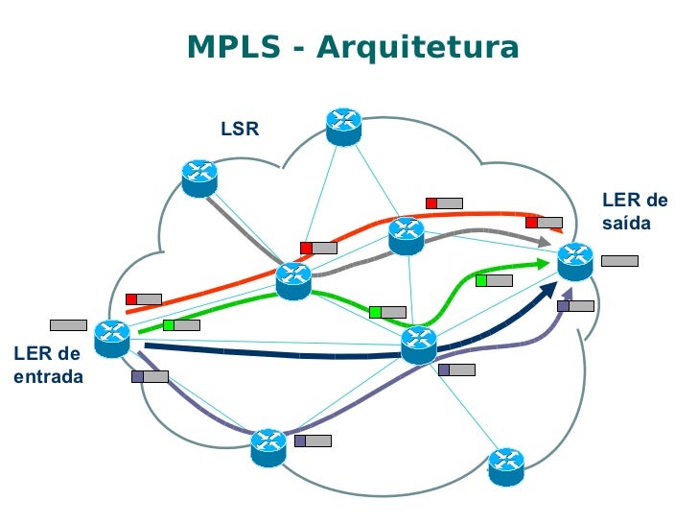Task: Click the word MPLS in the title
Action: click(x=232, y=47)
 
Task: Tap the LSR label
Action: click(x=240, y=129)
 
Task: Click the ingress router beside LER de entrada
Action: click(x=113, y=338)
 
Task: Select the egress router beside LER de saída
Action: click(x=576, y=259)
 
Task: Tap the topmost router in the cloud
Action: click(x=342, y=126)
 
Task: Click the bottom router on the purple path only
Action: click(x=268, y=446)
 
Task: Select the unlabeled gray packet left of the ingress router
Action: click(x=68, y=324)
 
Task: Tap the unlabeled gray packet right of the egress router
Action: click(x=619, y=260)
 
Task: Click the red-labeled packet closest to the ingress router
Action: click(x=144, y=298)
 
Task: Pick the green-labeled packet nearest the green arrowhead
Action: click(x=494, y=280)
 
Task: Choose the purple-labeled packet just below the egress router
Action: click(x=575, y=306)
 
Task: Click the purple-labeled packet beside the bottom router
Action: click(x=313, y=441)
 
